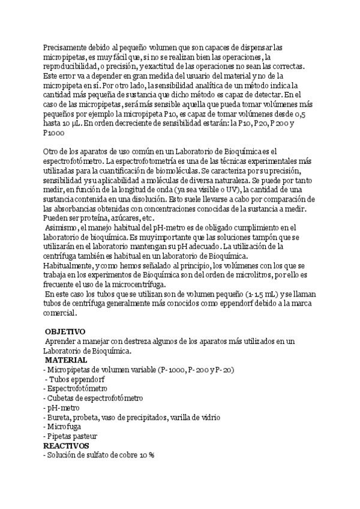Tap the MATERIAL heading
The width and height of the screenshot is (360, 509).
(66, 360)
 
